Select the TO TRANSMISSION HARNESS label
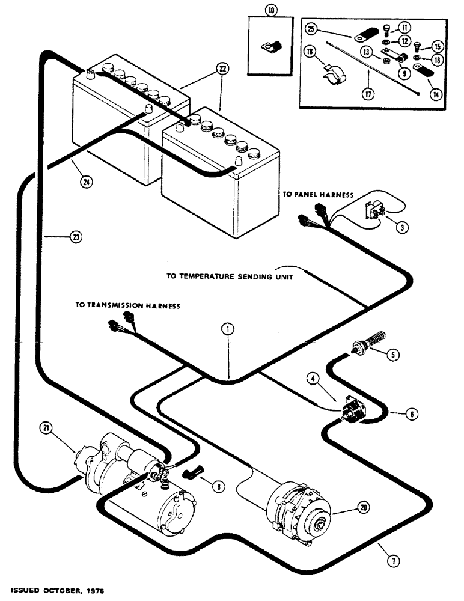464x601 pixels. (x=127, y=305)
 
